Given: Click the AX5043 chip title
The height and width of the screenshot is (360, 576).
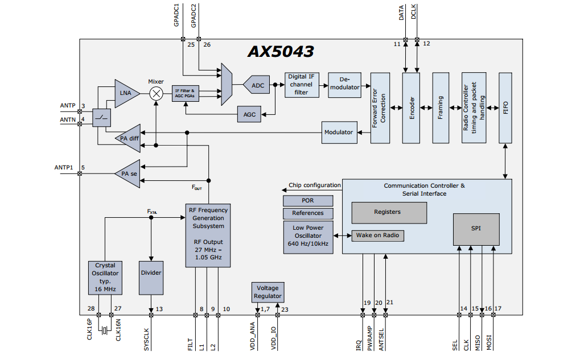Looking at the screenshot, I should tap(280, 52).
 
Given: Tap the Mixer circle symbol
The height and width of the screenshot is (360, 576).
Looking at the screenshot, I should tap(155, 94).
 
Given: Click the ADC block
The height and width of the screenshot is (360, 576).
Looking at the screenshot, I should tap(257, 86).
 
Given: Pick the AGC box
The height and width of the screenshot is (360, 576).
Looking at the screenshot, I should tap(249, 114).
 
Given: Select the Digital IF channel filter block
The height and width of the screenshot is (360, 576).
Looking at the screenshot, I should tap(302, 85).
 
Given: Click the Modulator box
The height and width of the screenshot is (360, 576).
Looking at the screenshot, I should tap(339, 133).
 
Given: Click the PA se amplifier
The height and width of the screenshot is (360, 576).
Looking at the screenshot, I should tap(128, 173).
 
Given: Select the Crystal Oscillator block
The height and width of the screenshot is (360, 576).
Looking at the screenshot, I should tap(105, 278).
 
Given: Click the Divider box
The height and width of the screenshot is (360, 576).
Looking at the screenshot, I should tap(151, 278).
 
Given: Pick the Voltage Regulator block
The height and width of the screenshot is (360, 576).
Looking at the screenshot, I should tap(268, 292).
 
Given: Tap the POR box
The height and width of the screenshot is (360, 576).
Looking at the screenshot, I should tap(308, 201).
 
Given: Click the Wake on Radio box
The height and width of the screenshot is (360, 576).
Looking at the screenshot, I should tap(378, 235).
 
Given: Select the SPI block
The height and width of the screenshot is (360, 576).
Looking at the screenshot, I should tap(476, 228).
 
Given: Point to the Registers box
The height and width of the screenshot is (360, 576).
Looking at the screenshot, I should tap(389, 212).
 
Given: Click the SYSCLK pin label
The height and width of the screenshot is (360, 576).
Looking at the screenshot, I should tap(147, 339).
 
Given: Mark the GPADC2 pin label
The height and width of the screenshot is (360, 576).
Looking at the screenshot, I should tap(194, 16).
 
